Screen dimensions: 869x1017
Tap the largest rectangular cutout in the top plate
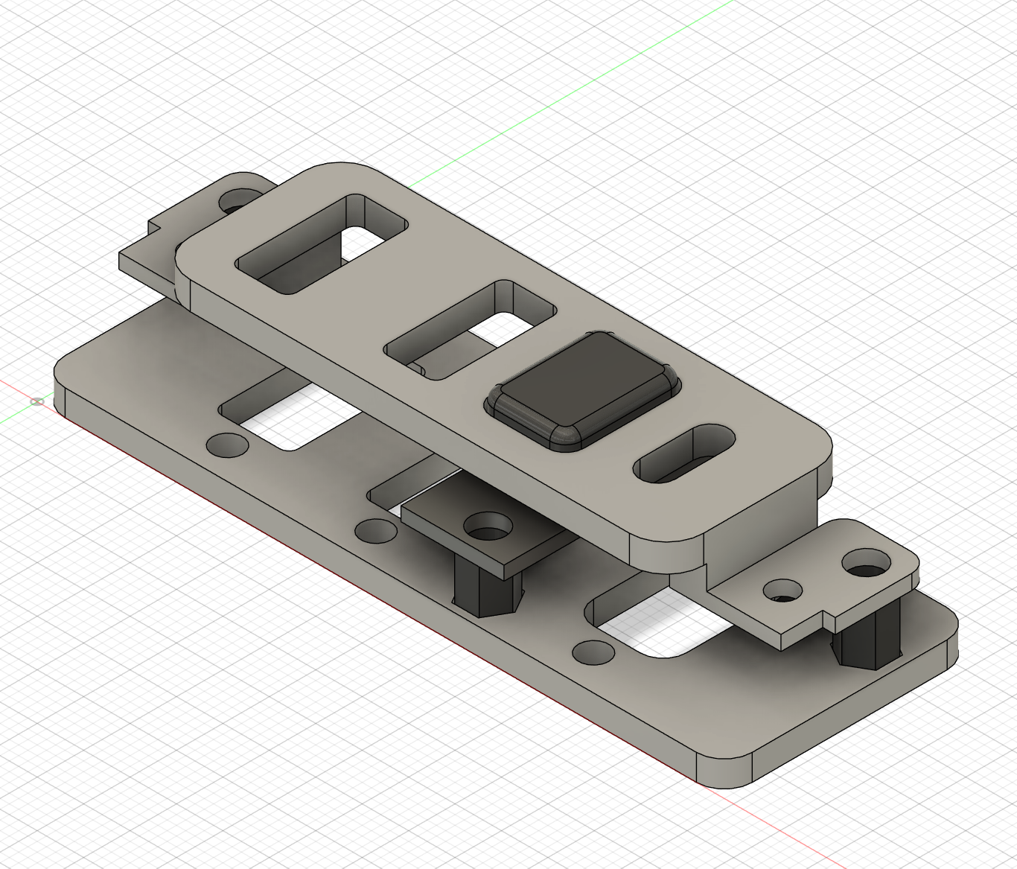322,243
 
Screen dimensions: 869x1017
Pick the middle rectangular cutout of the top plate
471,330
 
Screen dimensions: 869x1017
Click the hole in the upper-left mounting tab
237,200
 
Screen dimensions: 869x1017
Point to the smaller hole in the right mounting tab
783,591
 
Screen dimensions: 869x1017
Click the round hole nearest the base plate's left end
228,445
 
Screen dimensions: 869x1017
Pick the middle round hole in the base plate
376,530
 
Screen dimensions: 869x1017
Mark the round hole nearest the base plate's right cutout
593,652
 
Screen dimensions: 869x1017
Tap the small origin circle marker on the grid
37,401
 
